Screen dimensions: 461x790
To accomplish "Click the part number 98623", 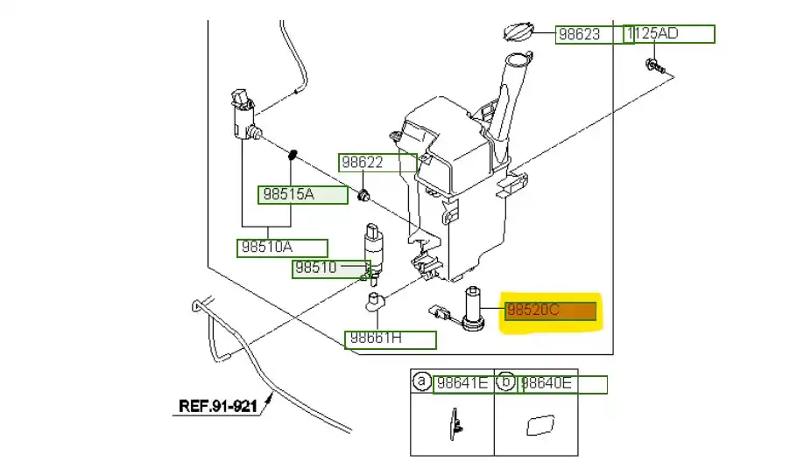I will (579, 35).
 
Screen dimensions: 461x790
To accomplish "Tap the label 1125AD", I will (670, 35).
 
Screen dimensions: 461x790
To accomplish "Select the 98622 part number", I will (363, 163).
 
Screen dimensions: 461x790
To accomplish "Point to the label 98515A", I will (286, 194).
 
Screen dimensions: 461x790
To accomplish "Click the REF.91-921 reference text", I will (218, 406).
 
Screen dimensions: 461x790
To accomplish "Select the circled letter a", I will (422, 381).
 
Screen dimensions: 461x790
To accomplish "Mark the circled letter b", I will (505, 381).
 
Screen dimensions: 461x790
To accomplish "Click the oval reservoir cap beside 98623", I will (517, 33).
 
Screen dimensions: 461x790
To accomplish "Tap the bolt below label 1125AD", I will (652, 65).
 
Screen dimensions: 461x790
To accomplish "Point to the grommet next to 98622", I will (363, 193).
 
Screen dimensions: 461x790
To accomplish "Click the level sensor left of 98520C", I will (474, 311).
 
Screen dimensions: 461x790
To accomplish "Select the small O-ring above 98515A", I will (294, 156).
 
